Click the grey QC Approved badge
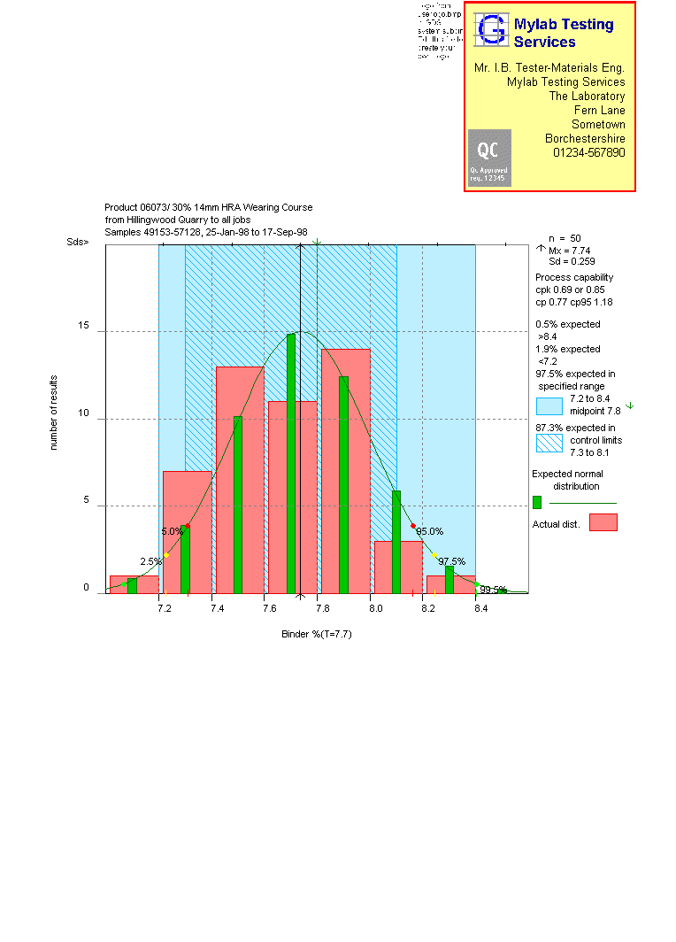pyautogui.click(x=489, y=158)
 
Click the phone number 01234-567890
pyautogui.click(x=588, y=152)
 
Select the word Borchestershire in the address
pyautogui.click(x=585, y=138)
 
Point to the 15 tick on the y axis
pyautogui.click(x=83, y=326)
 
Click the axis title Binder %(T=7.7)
pyautogui.click(x=317, y=634)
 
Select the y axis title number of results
pyautogui.click(x=53, y=413)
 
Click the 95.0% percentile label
pyautogui.click(x=429, y=531)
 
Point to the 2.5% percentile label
pyautogui.click(x=151, y=561)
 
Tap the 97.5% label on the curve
pyautogui.click(x=451, y=561)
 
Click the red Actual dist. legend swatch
pyautogui.click(x=603, y=522)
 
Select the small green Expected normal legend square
pyautogui.click(x=537, y=502)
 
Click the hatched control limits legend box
pyautogui.click(x=549, y=440)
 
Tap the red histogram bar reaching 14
pyautogui.click(x=346, y=470)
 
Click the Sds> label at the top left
pyautogui.click(x=78, y=241)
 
